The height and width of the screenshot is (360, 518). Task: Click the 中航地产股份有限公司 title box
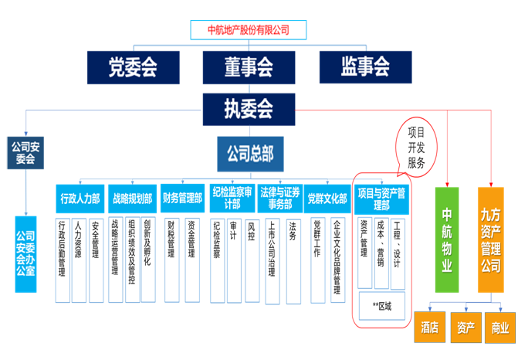[x=249, y=30]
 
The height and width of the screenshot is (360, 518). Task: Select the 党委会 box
[x=133, y=67]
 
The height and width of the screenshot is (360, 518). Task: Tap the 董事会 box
[x=249, y=67]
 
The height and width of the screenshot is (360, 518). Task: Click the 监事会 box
[x=364, y=67]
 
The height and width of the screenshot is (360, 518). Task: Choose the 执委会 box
[x=249, y=108]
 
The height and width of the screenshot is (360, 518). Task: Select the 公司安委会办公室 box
[x=25, y=249]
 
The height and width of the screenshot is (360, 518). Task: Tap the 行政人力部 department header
[x=80, y=199]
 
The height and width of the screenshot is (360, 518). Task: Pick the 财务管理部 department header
[x=182, y=199]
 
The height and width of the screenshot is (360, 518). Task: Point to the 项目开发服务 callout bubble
[x=416, y=148]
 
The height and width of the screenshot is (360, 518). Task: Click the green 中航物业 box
[x=447, y=240]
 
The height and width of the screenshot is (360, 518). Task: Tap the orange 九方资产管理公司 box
[x=495, y=240]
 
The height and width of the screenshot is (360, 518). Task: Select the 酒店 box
[x=429, y=328]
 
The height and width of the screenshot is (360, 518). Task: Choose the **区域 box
[x=381, y=306]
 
